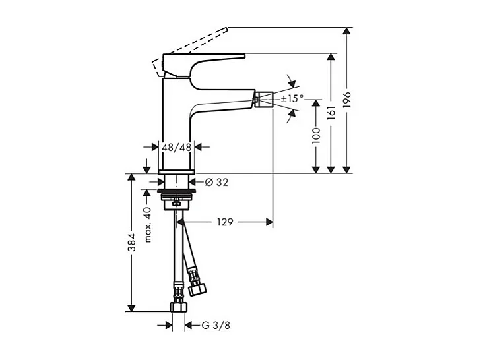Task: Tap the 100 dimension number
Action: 317,135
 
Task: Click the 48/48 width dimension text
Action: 177,148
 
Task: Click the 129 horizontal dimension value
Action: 224,223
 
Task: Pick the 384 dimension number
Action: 132,243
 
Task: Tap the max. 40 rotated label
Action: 148,224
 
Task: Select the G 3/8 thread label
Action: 216,324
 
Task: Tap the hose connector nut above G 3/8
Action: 177,306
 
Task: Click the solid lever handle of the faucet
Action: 205,63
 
